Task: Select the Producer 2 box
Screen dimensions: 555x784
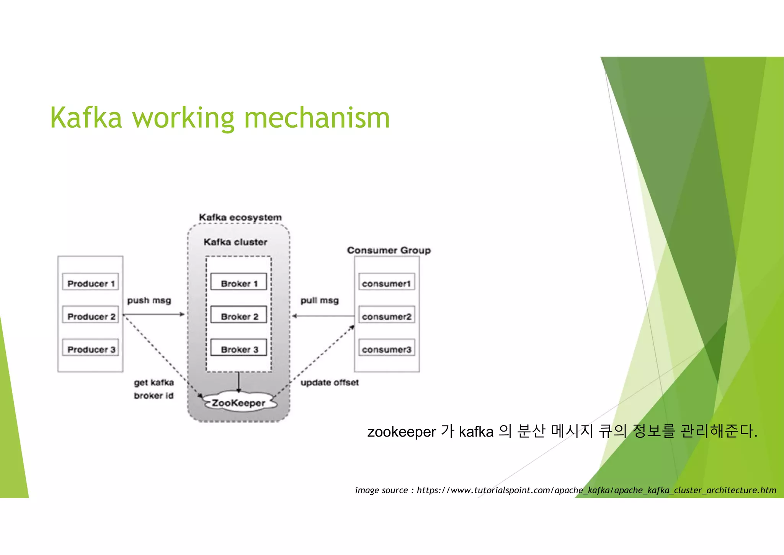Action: pos(90,315)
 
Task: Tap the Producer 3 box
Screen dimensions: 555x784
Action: pos(90,348)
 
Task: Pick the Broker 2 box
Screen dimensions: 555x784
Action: pos(238,315)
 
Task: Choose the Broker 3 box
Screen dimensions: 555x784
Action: pos(238,348)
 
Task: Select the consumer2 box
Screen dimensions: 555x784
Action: pos(387,315)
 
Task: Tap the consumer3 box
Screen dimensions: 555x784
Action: pos(387,348)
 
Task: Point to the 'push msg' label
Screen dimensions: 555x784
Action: pos(149,300)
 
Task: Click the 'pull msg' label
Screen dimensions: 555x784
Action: pos(319,300)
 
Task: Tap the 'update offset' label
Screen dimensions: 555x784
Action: pos(330,383)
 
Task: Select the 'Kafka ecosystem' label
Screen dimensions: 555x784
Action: pos(240,217)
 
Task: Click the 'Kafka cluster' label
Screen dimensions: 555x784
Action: pos(235,242)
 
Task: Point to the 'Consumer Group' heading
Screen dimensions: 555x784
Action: pos(389,250)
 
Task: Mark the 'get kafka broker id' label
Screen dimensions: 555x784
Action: pos(154,389)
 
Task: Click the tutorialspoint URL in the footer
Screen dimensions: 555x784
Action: pos(596,490)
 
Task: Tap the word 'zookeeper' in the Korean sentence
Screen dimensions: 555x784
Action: pos(402,432)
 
